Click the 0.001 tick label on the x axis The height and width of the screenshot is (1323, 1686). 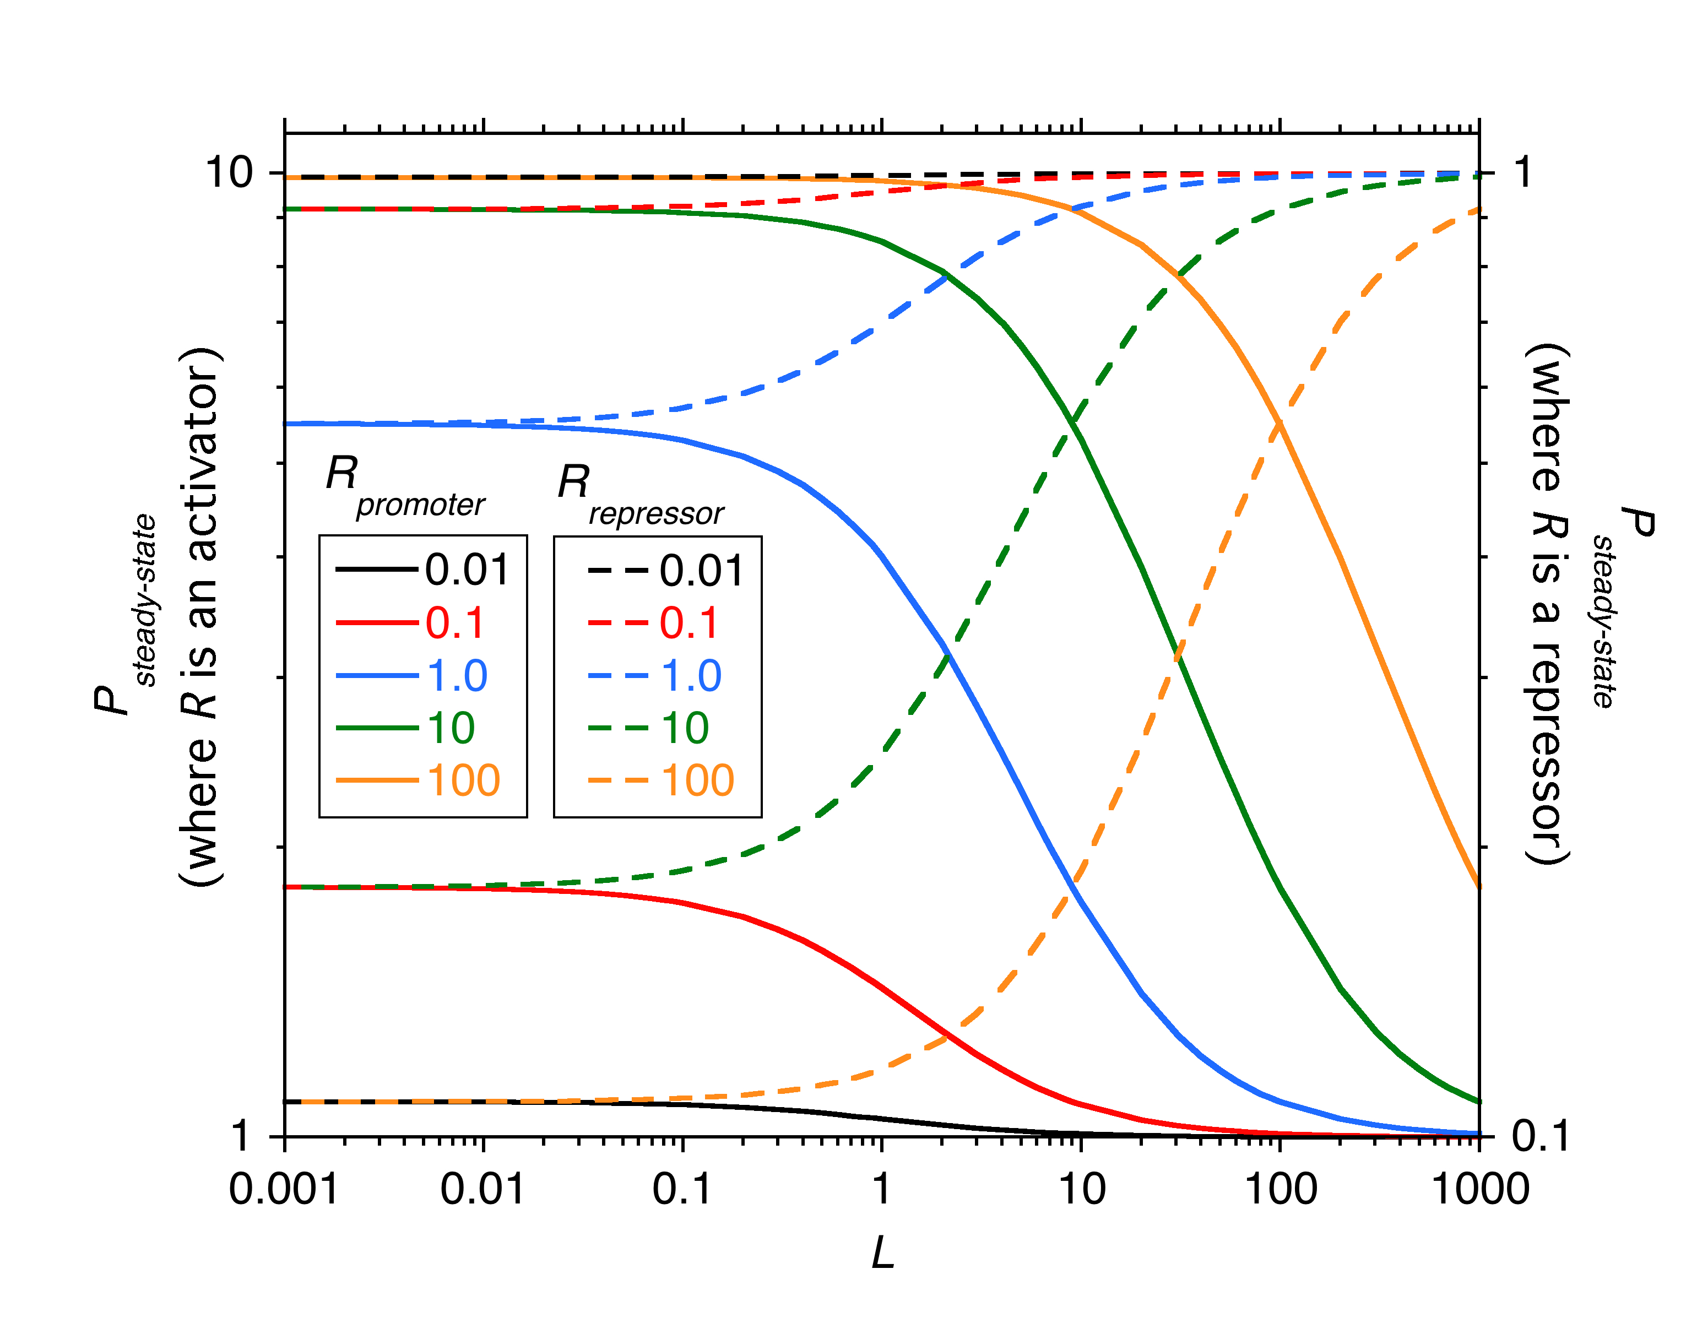[x=284, y=1189]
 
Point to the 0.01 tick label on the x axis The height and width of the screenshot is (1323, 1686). [x=483, y=1189]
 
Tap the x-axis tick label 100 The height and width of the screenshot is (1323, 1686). [x=1280, y=1189]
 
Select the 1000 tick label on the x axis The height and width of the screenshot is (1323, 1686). [x=1480, y=1189]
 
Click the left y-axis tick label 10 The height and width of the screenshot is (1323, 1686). [x=229, y=172]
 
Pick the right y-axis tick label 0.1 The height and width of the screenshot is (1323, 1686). [x=1539, y=1136]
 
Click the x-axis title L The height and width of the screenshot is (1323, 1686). [x=882, y=1252]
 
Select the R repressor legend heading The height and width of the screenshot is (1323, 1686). [x=639, y=494]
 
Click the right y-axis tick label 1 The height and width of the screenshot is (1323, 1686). [x=1522, y=172]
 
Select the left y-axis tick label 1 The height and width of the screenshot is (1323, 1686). [x=240, y=1136]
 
